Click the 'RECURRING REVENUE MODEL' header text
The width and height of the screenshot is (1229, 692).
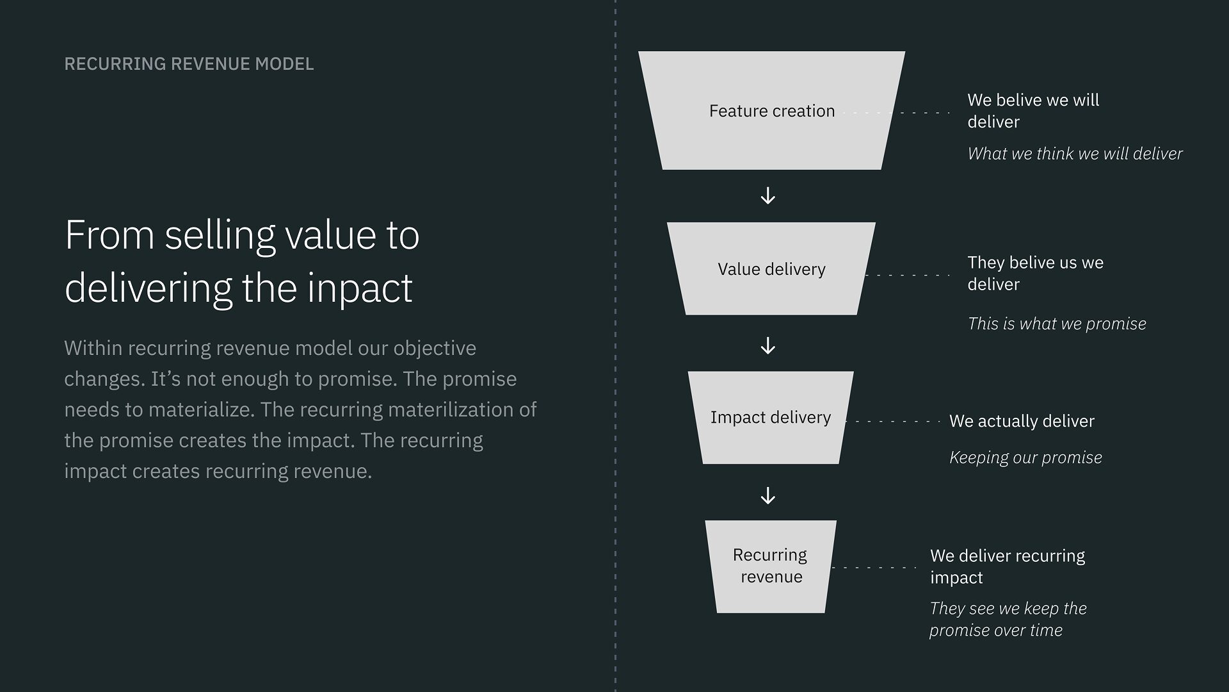(x=189, y=64)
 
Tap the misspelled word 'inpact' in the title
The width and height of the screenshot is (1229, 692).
(x=360, y=288)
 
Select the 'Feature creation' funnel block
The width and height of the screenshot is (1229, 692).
(x=771, y=110)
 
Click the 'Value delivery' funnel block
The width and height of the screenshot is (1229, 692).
(x=771, y=268)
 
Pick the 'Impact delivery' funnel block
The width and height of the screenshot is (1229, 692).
(x=771, y=417)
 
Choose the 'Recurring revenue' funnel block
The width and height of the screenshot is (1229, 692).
(x=771, y=566)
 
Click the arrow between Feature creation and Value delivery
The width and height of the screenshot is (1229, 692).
(x=768, y=195)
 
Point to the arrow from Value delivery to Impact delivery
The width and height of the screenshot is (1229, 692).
(x=768, y=346)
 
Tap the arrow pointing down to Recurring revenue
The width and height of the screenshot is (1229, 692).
(x=768, y=495)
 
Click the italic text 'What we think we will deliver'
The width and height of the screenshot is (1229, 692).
(x=1075, y=154)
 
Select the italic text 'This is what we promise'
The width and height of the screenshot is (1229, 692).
(x=1057, y=324)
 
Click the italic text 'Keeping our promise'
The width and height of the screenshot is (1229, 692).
(x=1025, y=457)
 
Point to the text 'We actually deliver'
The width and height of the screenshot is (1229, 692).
(x=1022, y=421)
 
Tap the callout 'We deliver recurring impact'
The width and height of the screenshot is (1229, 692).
(x=1008, y=566)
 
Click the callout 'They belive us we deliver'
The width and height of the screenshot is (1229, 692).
(x=1035, y=273)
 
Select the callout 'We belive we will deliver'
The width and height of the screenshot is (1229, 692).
(x=1033, y=111)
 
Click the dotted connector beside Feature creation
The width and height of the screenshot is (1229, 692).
(x=897, y=113)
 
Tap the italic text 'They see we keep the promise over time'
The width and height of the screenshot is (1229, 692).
(x=1008, y=619)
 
